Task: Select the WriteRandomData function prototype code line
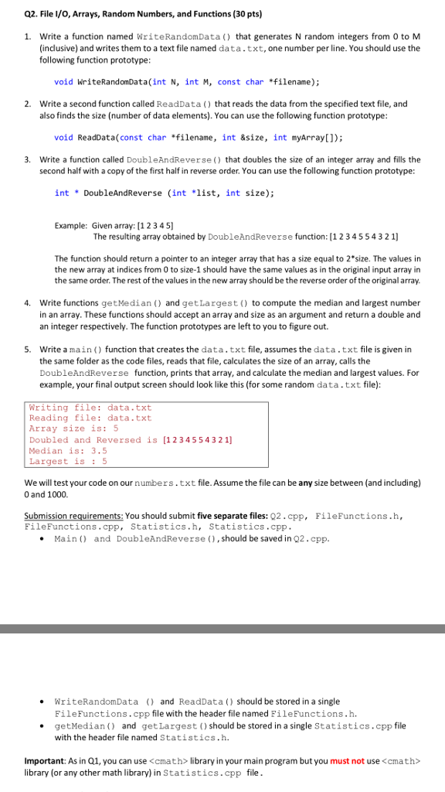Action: tap(187, 81)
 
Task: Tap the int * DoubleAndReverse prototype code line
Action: tap(164, 193)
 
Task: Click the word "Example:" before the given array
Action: tap(70, 226)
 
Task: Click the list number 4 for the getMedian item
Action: tap(27, 302)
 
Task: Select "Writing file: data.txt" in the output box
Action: tap(90, 407)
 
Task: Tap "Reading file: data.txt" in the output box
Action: tap(90, 418)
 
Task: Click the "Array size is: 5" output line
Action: tap(73, 428)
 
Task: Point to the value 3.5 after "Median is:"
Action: tap(99, 450)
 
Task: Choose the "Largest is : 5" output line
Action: tap(68, 461)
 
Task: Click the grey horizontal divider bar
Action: tap(222, 607)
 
